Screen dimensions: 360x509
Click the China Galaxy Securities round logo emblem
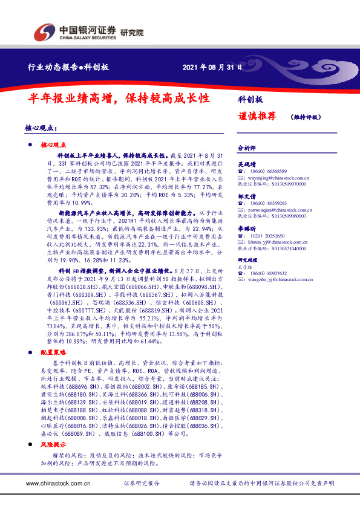(44, 31)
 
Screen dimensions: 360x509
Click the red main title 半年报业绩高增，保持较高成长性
(119, 97)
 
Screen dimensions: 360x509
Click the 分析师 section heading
(247, 148)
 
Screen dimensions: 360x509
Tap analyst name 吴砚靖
(247, 164)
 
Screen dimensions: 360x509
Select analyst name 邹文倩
(247, 196)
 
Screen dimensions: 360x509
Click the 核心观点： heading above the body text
(41, 129)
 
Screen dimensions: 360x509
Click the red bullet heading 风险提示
(53, 444)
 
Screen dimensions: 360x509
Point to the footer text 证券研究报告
(142, 484)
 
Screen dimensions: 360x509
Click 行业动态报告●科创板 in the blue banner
(69, 68)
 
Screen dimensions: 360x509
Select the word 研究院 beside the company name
(132, 33)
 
